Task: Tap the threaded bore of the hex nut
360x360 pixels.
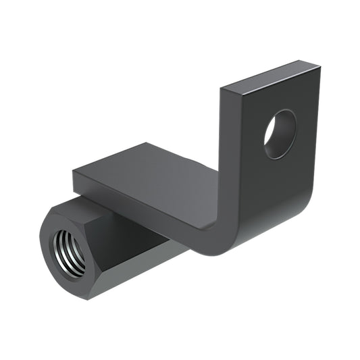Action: pyautogui.click(x=69, y=251)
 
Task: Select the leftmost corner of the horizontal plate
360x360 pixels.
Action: pyautogui.click(x=72, y=170)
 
